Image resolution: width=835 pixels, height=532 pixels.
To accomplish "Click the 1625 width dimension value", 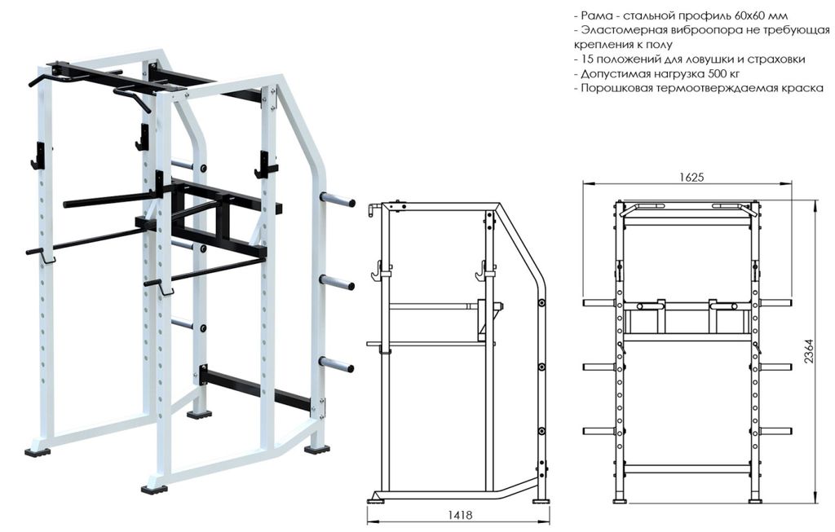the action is [x=691, y=176].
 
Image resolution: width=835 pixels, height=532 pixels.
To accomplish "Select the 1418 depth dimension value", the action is [x=460, y=515].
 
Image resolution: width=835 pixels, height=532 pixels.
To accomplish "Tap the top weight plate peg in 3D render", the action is [x=337, y=199].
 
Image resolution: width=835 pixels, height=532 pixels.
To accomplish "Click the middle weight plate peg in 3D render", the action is [x=337, y=282].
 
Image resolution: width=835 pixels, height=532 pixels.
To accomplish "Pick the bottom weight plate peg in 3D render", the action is [x=337, y=364].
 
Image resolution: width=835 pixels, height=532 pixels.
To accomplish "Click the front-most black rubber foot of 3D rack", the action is [x=154, y=488].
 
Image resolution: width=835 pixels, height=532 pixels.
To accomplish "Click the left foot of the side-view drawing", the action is [x=376, y=499].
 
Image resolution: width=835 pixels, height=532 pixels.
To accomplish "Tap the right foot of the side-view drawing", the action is [x=541, y=499].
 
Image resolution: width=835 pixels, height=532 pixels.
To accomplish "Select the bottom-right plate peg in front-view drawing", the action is [x=775, y=431].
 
